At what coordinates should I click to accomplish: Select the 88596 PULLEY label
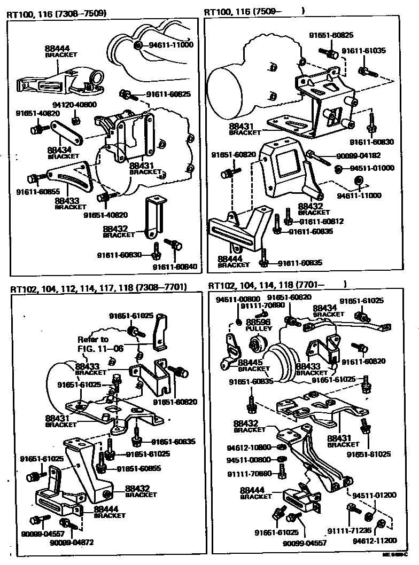259,325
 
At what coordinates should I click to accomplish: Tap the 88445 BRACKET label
253,365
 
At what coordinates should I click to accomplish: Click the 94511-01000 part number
372,168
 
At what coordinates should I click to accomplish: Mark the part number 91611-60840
174,266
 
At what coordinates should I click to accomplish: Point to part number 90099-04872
71,543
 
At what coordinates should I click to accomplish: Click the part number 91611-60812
321,221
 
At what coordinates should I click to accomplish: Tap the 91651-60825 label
331,35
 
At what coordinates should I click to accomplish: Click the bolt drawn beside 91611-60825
127,95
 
